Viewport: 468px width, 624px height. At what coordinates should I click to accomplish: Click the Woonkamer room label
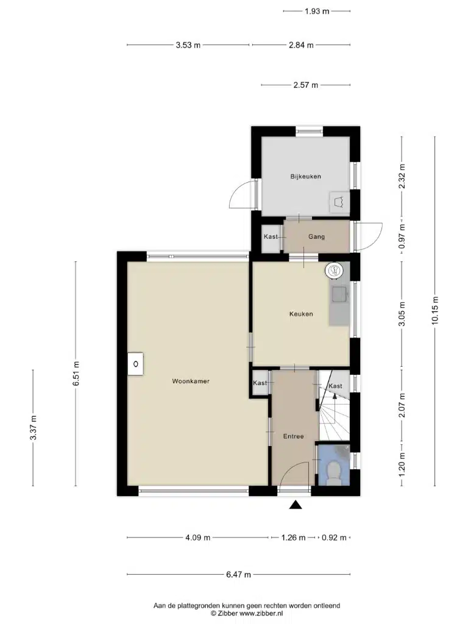coord(191,381)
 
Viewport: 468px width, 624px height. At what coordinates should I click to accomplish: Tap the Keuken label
coord(301,314)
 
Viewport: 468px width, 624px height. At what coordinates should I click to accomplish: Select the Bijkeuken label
coord(306,177)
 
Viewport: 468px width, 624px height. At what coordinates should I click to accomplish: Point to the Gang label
coord(316,237)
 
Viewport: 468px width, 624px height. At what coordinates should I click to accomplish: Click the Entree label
coord(293,436)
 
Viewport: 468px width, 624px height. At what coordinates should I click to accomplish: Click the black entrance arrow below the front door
coord(296,505)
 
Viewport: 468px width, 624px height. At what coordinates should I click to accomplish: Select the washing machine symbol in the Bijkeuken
coord(339,202)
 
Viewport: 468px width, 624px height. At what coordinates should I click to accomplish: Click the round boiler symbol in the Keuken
coord(334,271)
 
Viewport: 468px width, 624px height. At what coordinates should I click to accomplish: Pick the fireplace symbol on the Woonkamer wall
coord(136,364)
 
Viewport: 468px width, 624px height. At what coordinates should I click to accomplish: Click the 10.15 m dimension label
coord(435,311)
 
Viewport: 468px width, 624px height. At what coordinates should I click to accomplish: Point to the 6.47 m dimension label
coord(238,574)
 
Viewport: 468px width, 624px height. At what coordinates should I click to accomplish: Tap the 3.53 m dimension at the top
coord(188,45)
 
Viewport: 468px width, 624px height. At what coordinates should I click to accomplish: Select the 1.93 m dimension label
coord(317,11)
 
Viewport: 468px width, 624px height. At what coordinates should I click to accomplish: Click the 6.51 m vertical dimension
coord(76,374)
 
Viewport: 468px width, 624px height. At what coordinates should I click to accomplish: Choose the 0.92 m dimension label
coord(334,537)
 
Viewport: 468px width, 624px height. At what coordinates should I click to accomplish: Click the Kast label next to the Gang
coord(271,237)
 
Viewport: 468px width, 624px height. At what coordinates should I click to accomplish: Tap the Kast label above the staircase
coord(335,386)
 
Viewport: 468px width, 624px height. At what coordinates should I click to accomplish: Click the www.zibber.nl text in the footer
coord(261,613)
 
